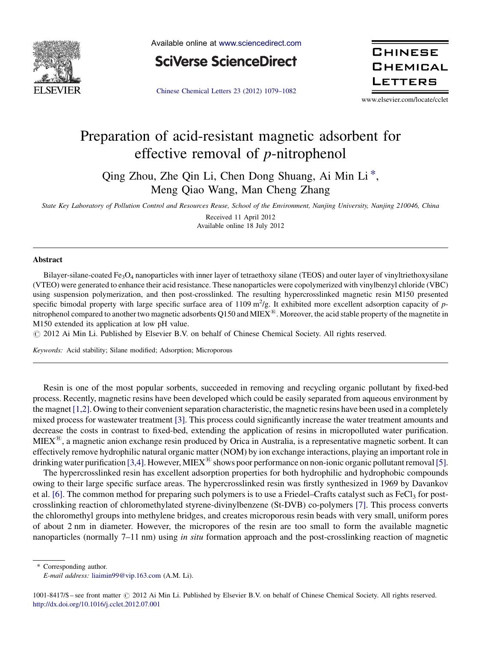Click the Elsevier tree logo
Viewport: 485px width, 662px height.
pos(57,62)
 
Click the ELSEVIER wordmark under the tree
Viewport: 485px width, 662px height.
pos(57,90)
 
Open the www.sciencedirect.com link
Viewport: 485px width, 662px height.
pos(260,43)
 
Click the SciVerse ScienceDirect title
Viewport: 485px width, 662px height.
pos(226,62)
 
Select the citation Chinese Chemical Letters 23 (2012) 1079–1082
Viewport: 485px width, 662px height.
pos(226,91)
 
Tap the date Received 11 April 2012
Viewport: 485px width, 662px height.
pos(240,217)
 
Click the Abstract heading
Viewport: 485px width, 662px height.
pos(47,260)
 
